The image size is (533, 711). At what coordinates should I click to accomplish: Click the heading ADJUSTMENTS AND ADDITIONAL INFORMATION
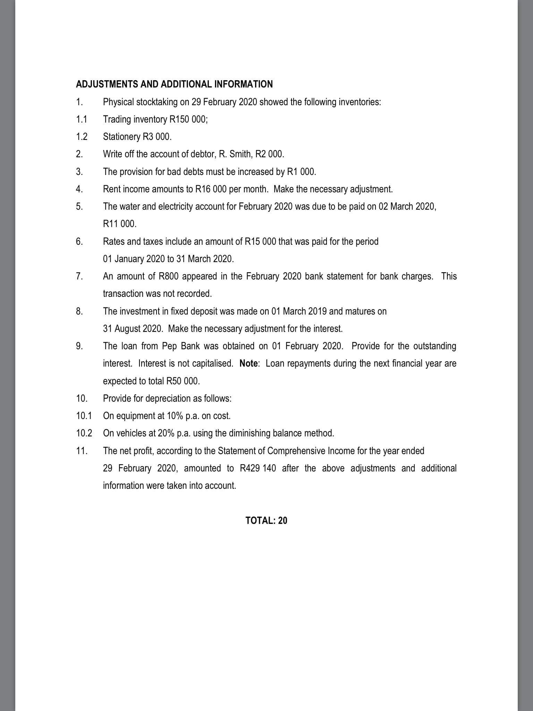coord(174,84)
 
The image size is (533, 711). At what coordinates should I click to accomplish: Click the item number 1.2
coord(82,137)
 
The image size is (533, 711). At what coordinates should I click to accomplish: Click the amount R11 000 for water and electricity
coord(119,224)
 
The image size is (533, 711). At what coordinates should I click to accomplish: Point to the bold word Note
coord(248,363)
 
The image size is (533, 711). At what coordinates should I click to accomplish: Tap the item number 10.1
coord(84,416)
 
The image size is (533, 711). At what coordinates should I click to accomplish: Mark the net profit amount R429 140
coord(258,468)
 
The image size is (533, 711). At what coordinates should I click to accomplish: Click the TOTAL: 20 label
coord(266,520)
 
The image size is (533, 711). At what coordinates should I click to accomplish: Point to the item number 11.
coord(82,451)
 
